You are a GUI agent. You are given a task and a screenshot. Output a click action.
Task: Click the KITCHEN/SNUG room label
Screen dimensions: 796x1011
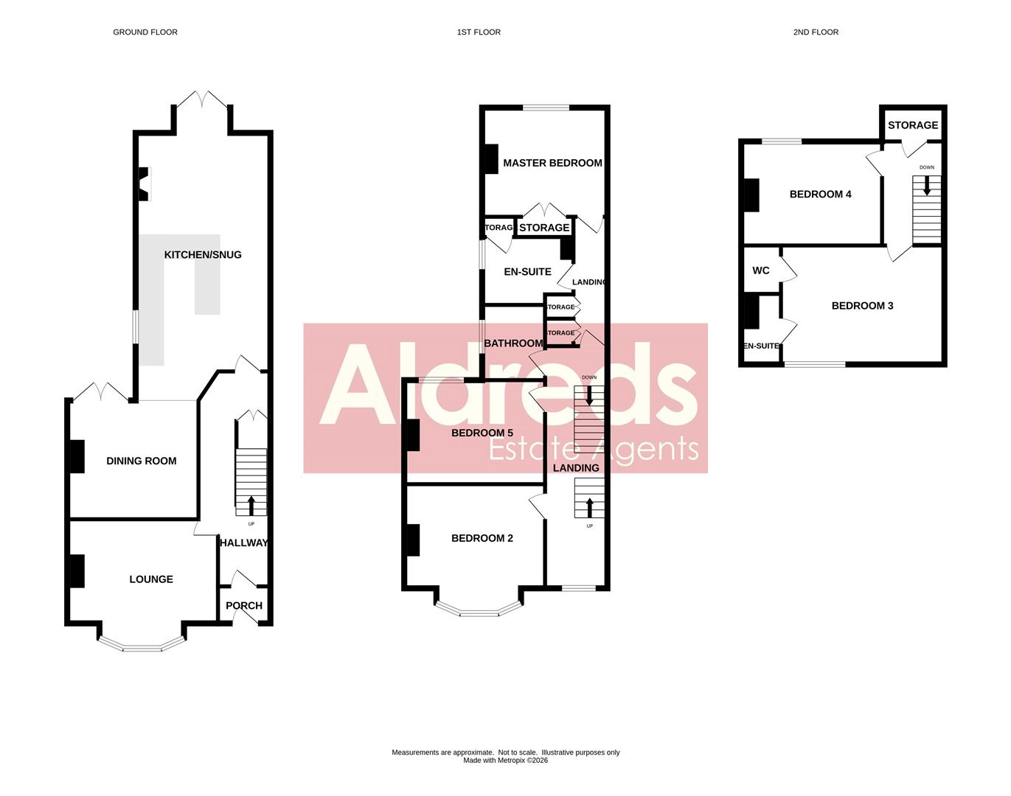pyautogui.click(x=203, y=255)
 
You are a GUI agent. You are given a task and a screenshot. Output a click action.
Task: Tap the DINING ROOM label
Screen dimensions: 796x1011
pyautogui.click(x=142, y=461)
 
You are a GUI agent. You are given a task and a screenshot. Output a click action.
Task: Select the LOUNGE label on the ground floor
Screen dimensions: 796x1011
pyautogui.click(x=151, y=579)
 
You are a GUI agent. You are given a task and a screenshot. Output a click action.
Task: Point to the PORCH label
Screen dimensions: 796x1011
pyautogui.click(x=244, y=606)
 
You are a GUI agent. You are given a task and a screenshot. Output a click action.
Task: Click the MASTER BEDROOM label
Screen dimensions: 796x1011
pyautogui.click(x=552, y=163)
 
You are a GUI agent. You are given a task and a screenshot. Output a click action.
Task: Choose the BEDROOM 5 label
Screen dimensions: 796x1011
pyautogui.click(x=482, y=433)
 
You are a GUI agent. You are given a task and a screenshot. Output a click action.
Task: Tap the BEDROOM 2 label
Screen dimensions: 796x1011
pyautogui.click(x=482, y=538)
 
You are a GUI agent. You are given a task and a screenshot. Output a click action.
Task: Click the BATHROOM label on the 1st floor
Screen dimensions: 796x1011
pyautogui.click(x=513, y=343)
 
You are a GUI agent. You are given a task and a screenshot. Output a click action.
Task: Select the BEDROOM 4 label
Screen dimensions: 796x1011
pyautogui.click(x=820, y=195)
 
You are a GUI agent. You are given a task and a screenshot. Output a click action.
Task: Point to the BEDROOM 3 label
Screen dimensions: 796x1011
pyautogui.click(x=862, y=306)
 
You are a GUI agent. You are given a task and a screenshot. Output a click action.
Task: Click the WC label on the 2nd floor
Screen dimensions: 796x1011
pyautogui.click(x=761, y=270)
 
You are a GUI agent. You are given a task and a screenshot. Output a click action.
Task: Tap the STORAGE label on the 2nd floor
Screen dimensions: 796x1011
pyautogui.click(x=913, y=125)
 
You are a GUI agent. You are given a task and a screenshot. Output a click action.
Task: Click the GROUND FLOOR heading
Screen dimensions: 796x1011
pyautogui.click(x=145, y=32)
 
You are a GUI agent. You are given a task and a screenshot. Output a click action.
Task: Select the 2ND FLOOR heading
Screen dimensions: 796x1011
pyautogui.click(x=816, y=32)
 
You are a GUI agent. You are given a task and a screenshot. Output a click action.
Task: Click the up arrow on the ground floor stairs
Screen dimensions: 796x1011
pyautogui.click(x=251, y=506)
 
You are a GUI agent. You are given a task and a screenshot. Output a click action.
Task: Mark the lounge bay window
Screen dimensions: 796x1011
pyautogui.click(x=140, y=646)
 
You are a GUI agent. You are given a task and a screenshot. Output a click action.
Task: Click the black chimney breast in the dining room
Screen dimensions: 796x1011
pyautogui.click(x=77, y=456)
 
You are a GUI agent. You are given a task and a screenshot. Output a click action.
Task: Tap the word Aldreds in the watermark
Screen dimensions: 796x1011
pyautogui.click(x=509, y=387)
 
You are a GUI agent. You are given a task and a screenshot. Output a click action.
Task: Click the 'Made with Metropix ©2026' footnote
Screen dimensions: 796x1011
pyautogui.click(x=505, y=761)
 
